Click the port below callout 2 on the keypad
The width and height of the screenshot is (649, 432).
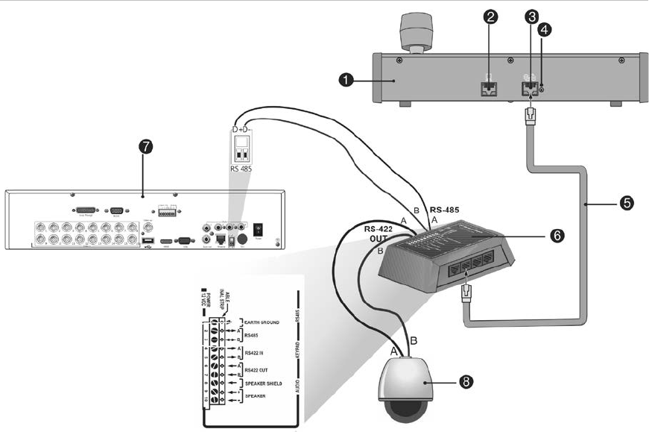(488, 87)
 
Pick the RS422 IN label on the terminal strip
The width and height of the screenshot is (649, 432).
(255, 351)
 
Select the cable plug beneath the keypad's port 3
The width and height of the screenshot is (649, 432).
(530, 116)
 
